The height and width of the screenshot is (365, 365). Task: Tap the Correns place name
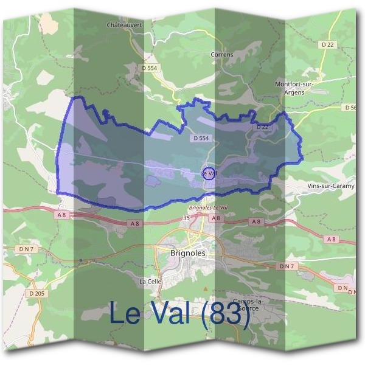tap(221, 54)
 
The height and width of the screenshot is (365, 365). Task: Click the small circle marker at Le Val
tap(208, 173)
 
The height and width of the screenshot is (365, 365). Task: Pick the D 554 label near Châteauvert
tap(151, 68)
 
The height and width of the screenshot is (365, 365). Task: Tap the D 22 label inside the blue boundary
tap(262, 127)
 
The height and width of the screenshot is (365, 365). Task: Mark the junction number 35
tap(186, 217)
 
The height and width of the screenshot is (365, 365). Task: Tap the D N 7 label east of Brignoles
tap(287, 266)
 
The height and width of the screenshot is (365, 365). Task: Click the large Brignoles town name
tap(188, 252)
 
